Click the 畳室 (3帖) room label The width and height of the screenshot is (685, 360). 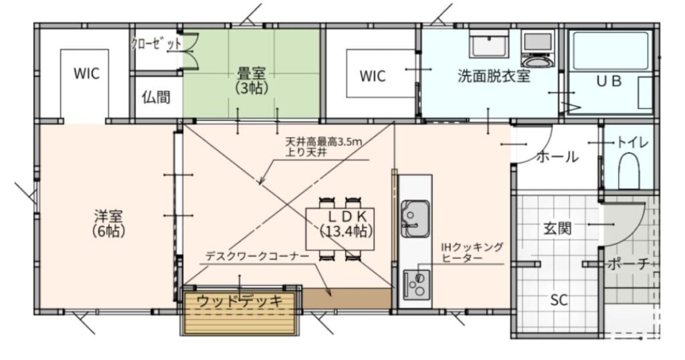[252, 78]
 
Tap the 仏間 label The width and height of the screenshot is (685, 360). [155, 98]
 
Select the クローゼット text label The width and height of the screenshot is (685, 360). [156, 44]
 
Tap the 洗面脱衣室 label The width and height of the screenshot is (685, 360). [494, 76]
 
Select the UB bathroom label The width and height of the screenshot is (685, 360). [609, 81]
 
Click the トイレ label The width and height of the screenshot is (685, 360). [631, 143]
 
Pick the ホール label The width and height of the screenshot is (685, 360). [557, 157]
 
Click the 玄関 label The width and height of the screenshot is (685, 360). [557, 228]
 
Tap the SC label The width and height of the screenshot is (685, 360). [559, 300]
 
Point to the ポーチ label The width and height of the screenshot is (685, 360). [628, 264]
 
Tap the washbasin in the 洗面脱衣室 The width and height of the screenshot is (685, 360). [490, 46]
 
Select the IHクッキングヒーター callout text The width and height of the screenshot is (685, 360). [472, 252]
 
